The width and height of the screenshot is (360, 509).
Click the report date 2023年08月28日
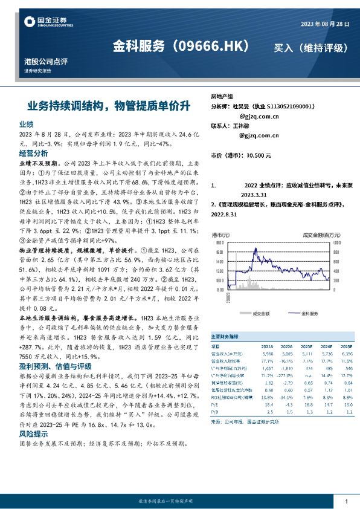click(325, 23)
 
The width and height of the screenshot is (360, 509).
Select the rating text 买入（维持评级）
click(311, 47)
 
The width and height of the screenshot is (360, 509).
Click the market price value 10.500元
click(257, 156)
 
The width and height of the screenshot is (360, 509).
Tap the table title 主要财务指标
click(225, 336)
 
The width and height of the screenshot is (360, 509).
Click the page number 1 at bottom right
click(346, 501)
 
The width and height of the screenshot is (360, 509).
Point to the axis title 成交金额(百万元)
click(313, 234)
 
